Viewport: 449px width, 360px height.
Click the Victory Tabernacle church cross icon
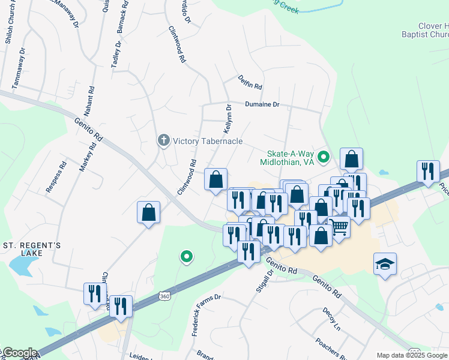point(163,141)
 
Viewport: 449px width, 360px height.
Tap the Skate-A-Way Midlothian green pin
point(324,158)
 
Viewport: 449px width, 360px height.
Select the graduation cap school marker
point(385,264)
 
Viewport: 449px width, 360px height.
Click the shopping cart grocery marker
point(340,227)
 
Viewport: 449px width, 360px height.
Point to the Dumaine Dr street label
point(262,104)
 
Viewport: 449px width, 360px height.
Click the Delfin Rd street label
point(250,83)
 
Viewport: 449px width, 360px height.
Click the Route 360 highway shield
point(164,296)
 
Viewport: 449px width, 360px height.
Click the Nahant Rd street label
point(89,104)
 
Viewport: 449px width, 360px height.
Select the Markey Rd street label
point(88,157)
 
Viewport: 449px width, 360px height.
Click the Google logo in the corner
point(19,353)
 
